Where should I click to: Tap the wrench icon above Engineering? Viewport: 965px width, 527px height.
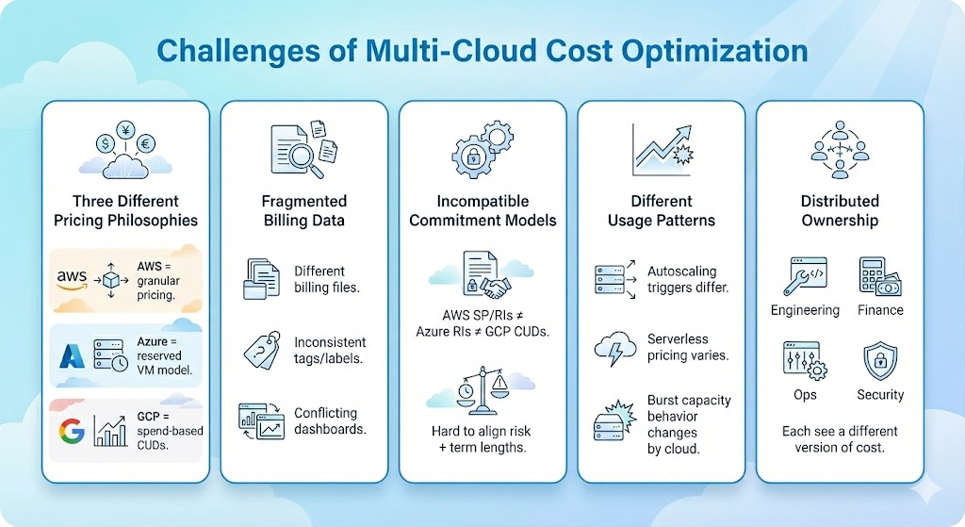pyautogui.click(x=804, y=275)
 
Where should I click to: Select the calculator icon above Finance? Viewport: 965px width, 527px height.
pyautogui.click(x=876, y=275)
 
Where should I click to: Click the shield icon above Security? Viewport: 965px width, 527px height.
pyautogui.click(x=881, y=360)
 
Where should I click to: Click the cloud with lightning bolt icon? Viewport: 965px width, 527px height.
pyautogui.click(x=613, y=349)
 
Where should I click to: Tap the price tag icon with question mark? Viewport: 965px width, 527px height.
pyautogui.click(x=256, y=351)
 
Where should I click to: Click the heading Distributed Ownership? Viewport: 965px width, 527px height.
pyautogui.click(x=839, y=210)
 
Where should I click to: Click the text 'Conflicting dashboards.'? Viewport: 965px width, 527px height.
pyautogui.click(x=330, y=420)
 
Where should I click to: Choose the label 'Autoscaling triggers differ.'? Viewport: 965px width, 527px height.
pyautogui.click(x=688, y=279)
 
